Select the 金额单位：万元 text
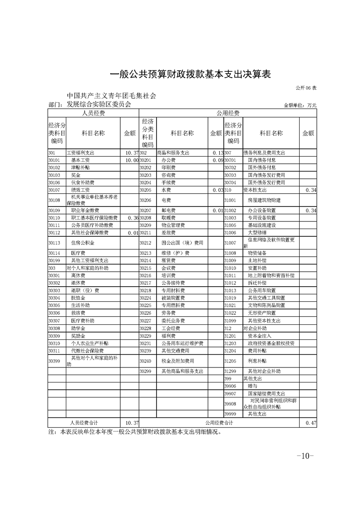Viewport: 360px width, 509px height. point(300,105)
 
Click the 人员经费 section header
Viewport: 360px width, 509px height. point(93,113)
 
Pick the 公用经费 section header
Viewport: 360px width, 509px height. point(228,113)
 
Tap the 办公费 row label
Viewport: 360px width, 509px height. point(168,160)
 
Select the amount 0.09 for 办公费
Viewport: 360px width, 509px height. point(216,160)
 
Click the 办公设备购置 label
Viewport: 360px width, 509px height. point(261,210)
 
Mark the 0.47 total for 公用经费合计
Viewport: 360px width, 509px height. point(311,422)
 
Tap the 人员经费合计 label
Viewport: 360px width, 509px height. point(84,422)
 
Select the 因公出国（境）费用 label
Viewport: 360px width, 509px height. point(182,243)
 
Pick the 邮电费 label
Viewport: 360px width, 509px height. point(168,210)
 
